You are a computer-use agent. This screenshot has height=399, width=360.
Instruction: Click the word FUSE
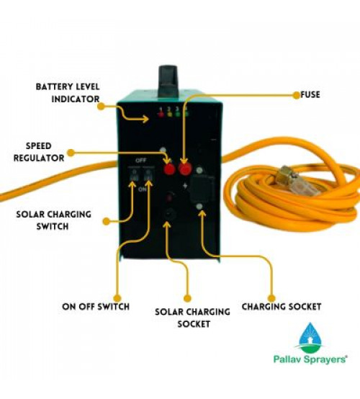[x=310, y=94]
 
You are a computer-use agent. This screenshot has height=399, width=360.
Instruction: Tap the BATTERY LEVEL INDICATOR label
[x=68, y=93]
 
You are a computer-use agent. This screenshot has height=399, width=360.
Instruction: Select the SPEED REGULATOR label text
[x=39, y=152]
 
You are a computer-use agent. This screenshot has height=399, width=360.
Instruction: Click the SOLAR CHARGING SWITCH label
[x=54, y=220]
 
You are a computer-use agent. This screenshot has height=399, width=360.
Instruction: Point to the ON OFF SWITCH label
[x=96, y=306]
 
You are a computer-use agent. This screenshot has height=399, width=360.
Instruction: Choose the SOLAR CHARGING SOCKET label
[x=192, y=318]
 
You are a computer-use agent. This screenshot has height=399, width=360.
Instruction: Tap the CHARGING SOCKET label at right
[x=282, y=307]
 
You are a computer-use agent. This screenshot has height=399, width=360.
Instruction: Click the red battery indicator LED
[x=161, y=114]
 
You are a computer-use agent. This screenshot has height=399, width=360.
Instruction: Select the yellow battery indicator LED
[x=169, y=114]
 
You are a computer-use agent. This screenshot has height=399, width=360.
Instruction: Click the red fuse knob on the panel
[x=185, y=168]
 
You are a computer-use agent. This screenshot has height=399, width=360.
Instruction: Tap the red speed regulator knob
[x=169, y=169]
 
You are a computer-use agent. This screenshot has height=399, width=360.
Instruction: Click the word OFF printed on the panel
[x=140, y=161]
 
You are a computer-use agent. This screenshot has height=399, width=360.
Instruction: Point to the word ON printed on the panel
[x=143, y=189]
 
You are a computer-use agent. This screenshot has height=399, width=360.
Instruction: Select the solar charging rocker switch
[x=133, y=174]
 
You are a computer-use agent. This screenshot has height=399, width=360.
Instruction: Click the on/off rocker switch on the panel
[x=148, y=174]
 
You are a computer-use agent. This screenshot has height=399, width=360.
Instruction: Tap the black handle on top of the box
[x=168, y=81]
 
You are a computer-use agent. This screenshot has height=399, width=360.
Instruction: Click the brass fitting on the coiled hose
[x=288, y=173]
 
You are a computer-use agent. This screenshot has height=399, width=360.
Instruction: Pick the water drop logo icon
[x=310, y=336]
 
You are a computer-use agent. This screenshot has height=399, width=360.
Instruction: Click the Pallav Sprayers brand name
[x=310, y=359]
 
